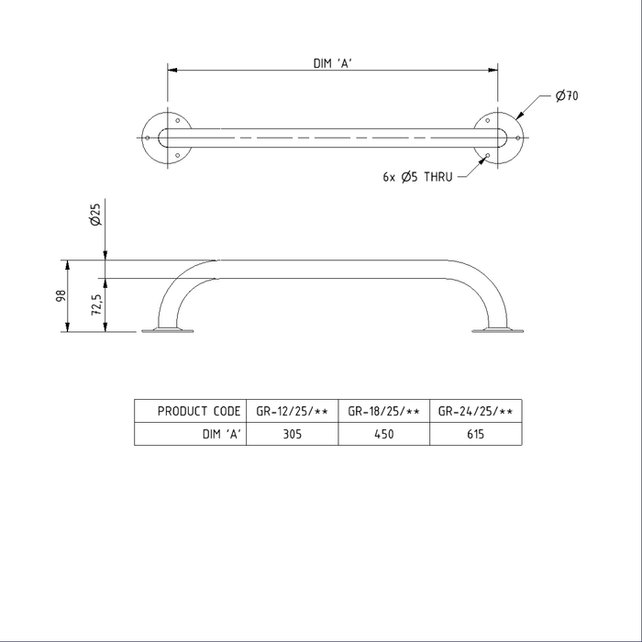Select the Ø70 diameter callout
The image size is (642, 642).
(x=566, y=94)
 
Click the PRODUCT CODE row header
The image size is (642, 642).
(x=199, y=411)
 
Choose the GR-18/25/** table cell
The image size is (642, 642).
(x=384, y=411)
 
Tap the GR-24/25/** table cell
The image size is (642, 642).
(x=474, y=411)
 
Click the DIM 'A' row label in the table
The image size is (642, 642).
(x=221, y=435)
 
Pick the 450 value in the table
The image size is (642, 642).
(x=384, y=435)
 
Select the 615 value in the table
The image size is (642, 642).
(x=474, y=435)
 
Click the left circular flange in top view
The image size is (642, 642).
(x=166, y=138)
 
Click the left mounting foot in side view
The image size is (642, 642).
(x=168, y=330)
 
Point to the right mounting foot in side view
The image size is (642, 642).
(x=496, y=330)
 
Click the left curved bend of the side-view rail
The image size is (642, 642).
(x=179, y=284)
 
